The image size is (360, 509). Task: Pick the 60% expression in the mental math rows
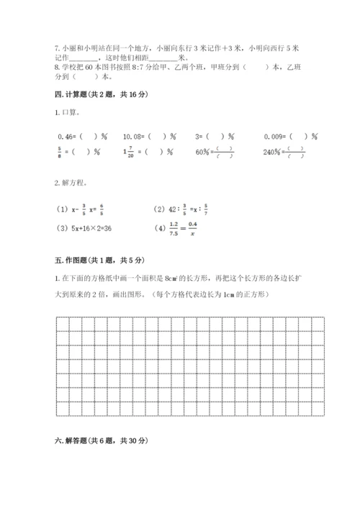pyautogui.click(x=204, y=152)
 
